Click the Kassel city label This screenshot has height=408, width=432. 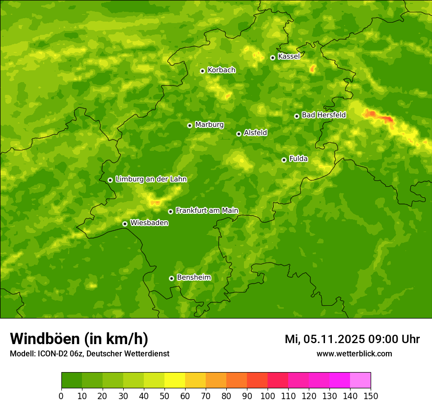point(289,57)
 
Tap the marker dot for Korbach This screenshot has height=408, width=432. point(202,71)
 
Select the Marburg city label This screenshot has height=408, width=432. point(209,125)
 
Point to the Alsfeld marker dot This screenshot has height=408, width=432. point(239,134)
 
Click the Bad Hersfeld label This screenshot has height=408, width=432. point(324,115)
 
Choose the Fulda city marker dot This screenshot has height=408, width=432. point(284,160)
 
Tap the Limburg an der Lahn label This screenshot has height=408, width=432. point(151,179)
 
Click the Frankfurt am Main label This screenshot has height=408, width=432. point(207,210)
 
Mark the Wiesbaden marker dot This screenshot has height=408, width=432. point(125,224)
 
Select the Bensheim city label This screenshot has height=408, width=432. point(193,277)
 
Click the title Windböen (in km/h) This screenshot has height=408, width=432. point(79,339)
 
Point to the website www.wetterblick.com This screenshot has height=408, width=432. point(354,354)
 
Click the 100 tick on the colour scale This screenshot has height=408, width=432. point(268,396)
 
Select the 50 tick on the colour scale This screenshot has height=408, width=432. point(164,396)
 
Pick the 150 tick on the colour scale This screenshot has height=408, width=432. point(371,396)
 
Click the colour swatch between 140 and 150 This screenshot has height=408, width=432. point(360,380)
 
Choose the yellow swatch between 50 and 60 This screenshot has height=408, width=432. point(175,380)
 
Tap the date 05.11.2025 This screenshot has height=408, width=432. point(334,339)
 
